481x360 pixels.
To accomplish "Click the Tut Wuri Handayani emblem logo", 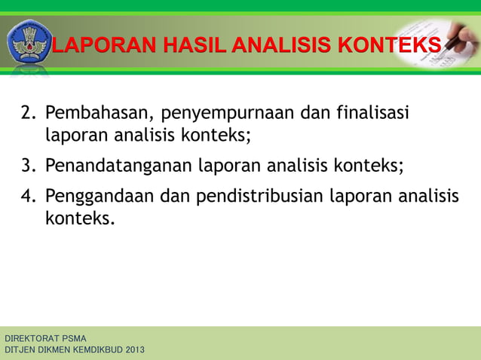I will click(29, 44).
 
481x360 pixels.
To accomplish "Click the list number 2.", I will click(29, 114).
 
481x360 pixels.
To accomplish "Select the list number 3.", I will click(29, 165).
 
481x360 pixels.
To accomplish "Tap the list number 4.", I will click(29, 197).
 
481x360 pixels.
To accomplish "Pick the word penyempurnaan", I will click(227, 115).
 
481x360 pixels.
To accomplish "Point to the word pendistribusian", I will click(261, 197).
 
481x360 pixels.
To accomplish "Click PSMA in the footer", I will click(75, 338).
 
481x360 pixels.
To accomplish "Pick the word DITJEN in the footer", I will click(20, 350).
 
